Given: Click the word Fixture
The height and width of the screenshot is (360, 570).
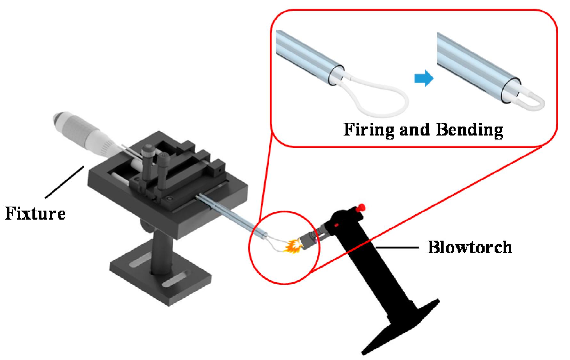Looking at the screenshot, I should (35, 213).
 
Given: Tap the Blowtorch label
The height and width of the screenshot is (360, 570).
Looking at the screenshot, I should (470, 247).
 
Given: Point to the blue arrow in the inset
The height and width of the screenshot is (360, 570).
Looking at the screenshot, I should (424, 78).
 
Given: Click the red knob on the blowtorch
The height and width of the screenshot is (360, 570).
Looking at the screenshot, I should (361, 207).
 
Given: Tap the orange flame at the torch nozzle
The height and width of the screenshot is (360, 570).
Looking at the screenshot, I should (292, 246).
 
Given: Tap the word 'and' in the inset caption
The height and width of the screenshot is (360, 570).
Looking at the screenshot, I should (414, 130).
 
